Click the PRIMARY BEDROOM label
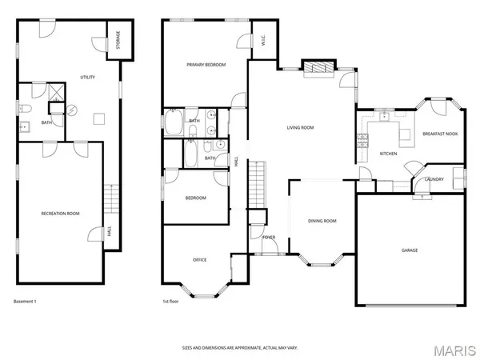coord(206,64)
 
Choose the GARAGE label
coord(409,250)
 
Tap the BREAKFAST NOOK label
coord(439,134)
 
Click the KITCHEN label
coord(388,153)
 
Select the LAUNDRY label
coord(434,179)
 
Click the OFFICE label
coord(199,259)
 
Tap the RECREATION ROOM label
coord(61,214)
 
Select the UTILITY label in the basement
coord(88,77)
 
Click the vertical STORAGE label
coord(119,40)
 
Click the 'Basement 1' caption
coord(26,302)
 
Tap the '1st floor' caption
coord(171,302)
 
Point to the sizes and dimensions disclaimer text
coord(240,348)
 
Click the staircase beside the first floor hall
coord(257,183)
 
